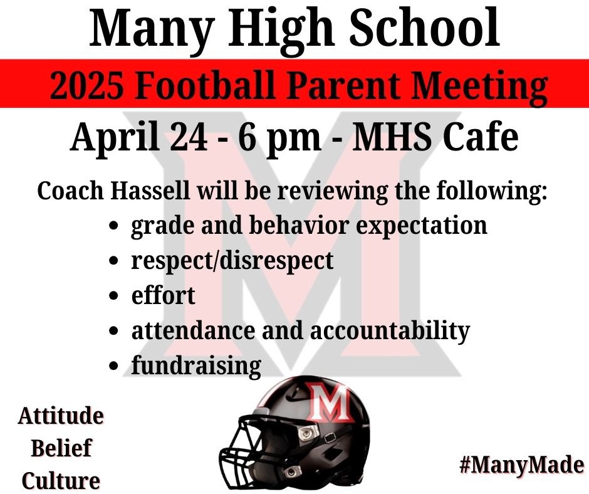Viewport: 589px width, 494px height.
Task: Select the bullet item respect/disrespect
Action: pos(232,260)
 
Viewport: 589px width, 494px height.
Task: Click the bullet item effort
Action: pos(163,295)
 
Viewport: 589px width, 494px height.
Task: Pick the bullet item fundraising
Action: pos(195,365)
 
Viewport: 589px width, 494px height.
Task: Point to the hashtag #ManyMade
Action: pos(521,465)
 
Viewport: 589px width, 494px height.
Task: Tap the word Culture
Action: pos(61,481)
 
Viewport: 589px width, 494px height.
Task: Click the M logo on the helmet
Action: pos(330,406)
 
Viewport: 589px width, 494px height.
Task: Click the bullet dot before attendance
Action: pos(114,330)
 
